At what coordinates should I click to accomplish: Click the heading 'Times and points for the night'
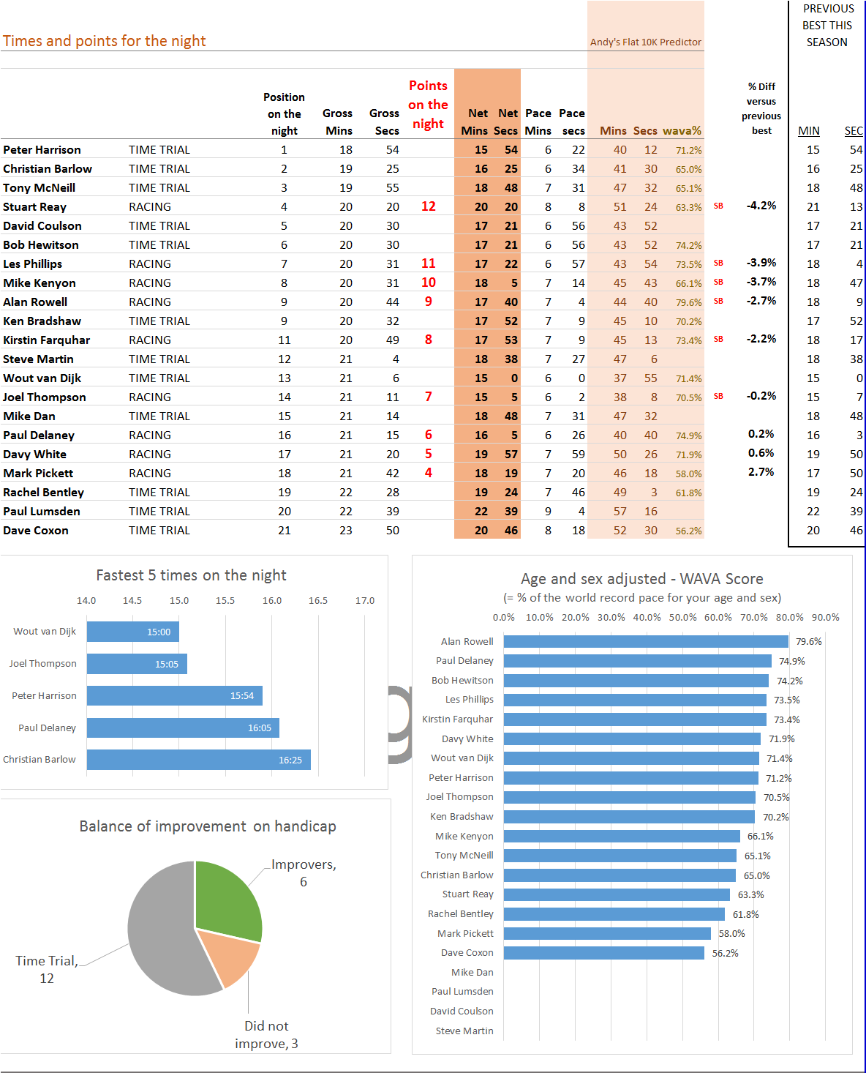click(104, 41)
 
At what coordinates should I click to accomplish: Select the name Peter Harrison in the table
click(42, 150)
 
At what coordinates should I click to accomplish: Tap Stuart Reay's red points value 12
click(429, 206)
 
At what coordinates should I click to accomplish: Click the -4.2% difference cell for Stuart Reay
click(761, 206)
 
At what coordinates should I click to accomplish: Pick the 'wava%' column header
click(682, 131)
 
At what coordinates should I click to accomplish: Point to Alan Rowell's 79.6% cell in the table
click(689, 303)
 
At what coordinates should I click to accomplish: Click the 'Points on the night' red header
click(428, 105)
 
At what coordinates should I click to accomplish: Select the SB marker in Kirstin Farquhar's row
click(718, 340)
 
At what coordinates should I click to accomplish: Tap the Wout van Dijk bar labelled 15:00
click(133, 632)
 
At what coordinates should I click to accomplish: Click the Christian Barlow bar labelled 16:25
click(199, 760)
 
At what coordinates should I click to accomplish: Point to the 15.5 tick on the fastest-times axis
click(225, 600)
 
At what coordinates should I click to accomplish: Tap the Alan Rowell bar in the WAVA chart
click(646, 641)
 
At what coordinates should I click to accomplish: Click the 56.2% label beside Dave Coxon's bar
click(725, 953)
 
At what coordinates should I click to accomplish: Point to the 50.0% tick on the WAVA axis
click(682, 618)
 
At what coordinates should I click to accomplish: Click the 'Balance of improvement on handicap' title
click(208, 826)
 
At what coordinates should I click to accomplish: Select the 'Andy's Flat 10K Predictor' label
click(645, 42)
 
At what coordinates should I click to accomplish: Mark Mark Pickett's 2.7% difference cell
click(761, 473)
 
